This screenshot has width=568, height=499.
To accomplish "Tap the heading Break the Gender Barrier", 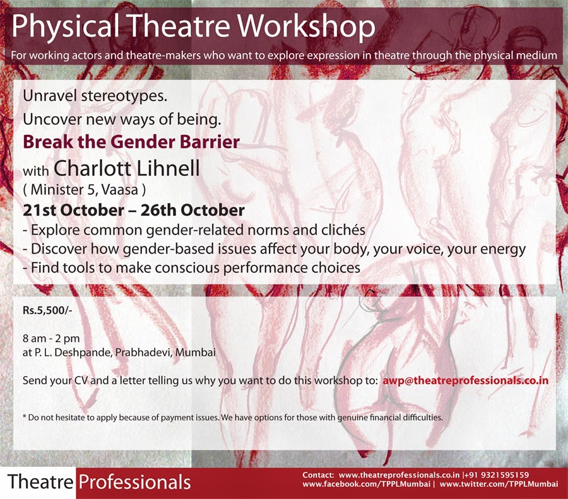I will tap(131, 142).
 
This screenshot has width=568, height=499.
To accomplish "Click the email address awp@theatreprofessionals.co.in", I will tap(465, 381).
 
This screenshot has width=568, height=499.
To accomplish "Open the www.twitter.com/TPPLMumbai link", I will tap(498, 484).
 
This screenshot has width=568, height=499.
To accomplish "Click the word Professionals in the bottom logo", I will tap(134, 483).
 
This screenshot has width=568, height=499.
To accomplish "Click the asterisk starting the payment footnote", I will tap(23, 417).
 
